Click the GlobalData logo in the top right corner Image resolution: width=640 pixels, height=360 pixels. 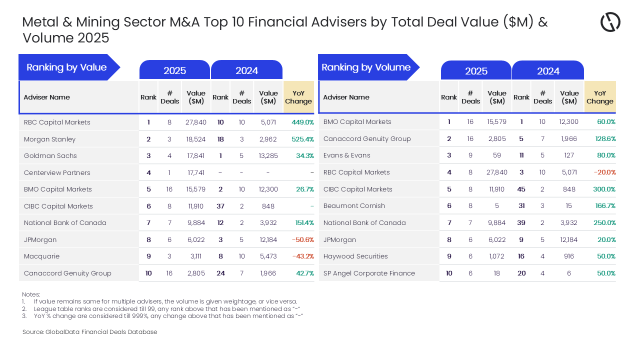[610, 22]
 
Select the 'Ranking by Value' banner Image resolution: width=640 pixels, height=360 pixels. [66, 67]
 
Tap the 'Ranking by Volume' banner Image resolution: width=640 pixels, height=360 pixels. [366, 67]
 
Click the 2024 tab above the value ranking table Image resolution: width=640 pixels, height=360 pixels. [246, 70]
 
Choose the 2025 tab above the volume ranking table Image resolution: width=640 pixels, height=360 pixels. [476, 71]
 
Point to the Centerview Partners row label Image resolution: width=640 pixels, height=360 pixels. [57, 173]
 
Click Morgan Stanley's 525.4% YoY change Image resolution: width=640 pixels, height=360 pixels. [302, 139]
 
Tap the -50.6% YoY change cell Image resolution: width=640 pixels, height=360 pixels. [302, 240]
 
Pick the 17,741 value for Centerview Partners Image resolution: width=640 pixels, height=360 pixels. [195, 173]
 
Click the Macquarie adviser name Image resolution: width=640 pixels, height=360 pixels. [41, 256]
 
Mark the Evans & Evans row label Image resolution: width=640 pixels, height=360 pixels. [346, 155]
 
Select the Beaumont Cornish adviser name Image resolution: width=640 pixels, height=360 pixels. [354, 206]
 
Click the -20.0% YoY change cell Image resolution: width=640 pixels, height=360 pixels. [604, 172]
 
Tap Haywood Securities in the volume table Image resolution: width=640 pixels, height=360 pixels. [355, 256]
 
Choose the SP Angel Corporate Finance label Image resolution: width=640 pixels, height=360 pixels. [369, 273]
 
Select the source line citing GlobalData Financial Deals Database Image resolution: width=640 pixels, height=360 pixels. [89, 332]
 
